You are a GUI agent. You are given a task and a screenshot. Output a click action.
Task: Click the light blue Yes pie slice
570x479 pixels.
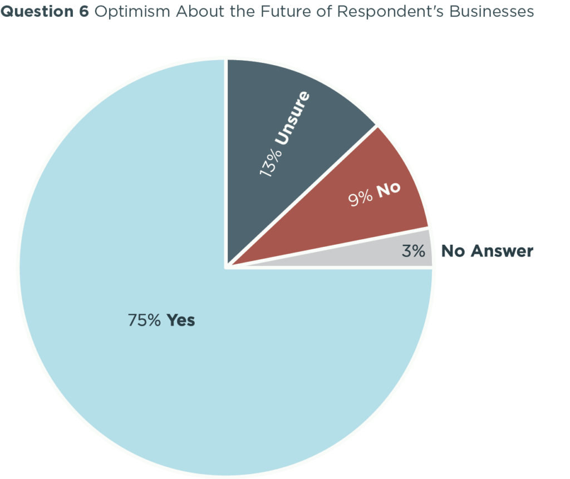coord(167,362)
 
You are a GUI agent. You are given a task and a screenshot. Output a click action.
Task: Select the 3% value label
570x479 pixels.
coord(413,251)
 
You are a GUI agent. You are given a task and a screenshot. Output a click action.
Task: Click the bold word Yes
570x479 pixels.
coord(181,320)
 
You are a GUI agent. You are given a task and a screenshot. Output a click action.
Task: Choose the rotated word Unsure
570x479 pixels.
coord(294,118)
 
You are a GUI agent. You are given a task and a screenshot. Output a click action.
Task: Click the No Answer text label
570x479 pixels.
coord(487,251)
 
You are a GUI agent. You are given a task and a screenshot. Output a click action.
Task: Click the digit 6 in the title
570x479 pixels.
coord(84,12)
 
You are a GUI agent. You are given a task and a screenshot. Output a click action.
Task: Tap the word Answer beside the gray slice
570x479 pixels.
coord(501,251)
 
